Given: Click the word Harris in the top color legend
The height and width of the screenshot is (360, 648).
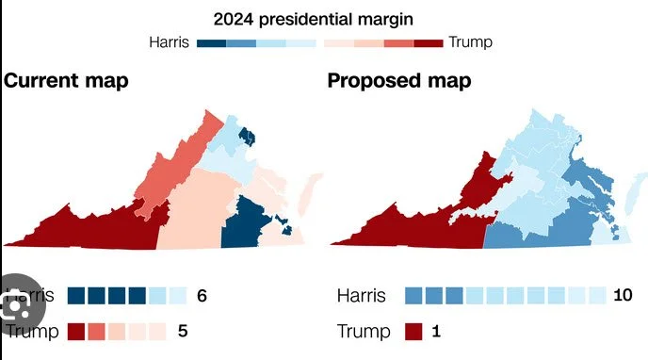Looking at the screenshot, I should (x=170, y=41).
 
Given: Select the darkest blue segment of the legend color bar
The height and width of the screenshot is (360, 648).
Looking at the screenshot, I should (x=212, y=42).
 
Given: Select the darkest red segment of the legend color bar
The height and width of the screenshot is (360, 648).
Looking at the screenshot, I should (x=429, y=42).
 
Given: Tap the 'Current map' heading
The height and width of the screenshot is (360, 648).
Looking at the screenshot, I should (x=66, y=80).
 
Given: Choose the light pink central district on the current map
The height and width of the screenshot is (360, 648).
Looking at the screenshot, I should (x=198, y=217).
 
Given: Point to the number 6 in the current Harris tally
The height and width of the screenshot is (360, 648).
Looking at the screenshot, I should (x=201, y=296).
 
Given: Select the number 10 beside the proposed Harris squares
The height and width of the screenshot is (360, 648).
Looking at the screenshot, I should (x=623, y=296).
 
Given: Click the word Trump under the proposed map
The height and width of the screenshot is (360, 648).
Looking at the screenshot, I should (x=363, y=332).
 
